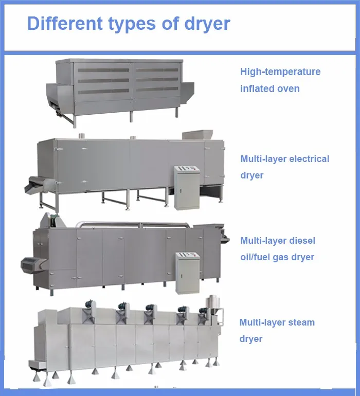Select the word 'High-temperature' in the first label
280,71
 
